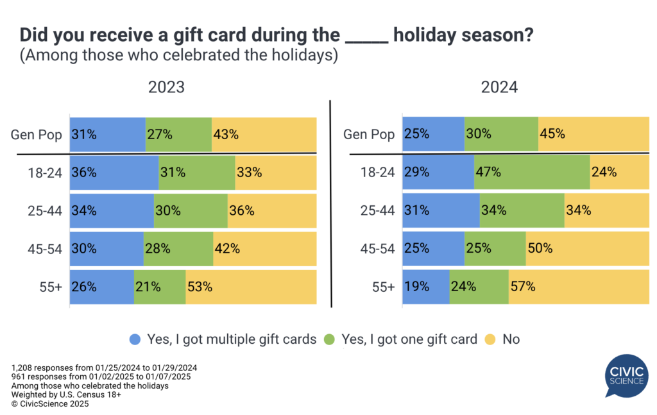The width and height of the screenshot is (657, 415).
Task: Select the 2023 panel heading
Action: coord(166,87)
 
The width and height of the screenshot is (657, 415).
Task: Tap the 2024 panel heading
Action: coord(499,87)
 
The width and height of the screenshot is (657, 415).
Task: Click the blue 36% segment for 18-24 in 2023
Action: coord(114,173)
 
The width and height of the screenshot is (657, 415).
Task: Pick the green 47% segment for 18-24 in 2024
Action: coord(532,173)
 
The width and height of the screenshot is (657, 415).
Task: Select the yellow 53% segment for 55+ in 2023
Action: coord(251,287)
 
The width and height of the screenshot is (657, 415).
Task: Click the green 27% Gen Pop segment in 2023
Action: coord(178,135)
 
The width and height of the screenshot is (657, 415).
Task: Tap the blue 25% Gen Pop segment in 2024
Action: coord(433,135)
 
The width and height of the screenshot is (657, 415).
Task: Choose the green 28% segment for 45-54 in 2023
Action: coord(178,249)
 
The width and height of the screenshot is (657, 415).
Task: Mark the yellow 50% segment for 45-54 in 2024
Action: coord(587,249)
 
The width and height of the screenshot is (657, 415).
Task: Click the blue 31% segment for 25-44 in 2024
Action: coord(441,210)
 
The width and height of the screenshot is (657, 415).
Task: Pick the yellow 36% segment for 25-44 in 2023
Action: coord(271,210)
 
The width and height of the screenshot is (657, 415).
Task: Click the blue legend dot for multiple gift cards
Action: coord(135,339)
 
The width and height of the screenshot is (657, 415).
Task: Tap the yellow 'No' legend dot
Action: coord(490,339)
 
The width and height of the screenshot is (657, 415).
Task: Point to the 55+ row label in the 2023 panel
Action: coord(50,287)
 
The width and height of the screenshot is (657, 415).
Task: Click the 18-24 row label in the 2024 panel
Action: coord(378,173)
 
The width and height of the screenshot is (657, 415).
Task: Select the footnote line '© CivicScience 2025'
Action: coord(50,404)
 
